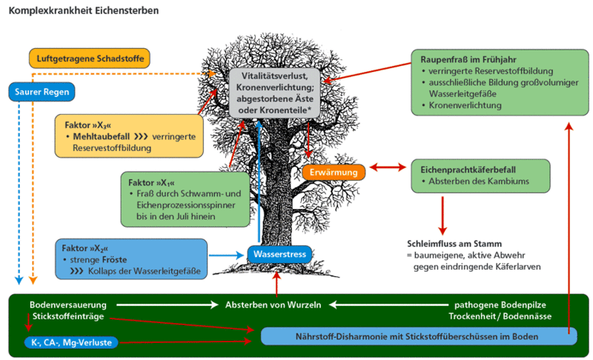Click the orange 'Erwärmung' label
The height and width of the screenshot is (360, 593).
coord(334,173)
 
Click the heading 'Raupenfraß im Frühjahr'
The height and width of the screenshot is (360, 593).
coord(470,59)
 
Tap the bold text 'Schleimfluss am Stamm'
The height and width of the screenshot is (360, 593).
coord(454,243)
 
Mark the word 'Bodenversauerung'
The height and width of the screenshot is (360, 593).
coord(68,304)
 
